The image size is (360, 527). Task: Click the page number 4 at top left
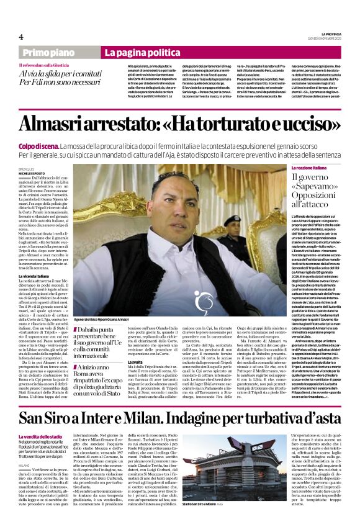tap(22, 37)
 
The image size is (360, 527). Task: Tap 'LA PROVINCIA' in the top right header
tap(330, 34)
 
